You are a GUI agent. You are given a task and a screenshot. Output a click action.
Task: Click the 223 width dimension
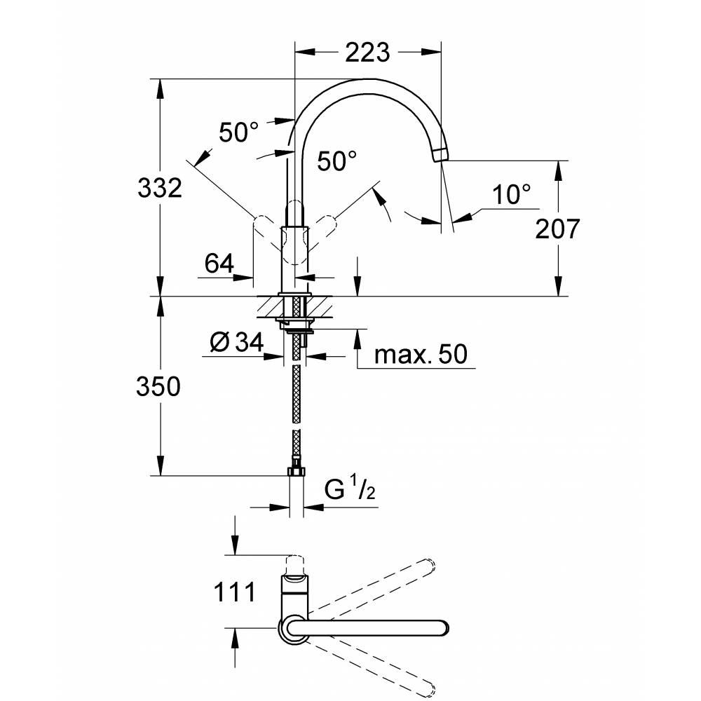367,53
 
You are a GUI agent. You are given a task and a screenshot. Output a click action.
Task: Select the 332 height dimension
160,188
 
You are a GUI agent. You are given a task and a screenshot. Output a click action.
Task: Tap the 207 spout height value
557,229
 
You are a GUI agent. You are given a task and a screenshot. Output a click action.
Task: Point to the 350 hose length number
158,386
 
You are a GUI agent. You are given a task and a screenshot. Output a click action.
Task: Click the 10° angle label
512,195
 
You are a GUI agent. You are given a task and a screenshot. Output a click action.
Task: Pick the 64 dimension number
219,264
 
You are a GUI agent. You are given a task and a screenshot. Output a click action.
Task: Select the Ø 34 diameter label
236,343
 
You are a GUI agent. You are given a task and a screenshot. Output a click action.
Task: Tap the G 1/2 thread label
350,488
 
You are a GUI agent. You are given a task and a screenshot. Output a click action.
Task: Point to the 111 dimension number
234,592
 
